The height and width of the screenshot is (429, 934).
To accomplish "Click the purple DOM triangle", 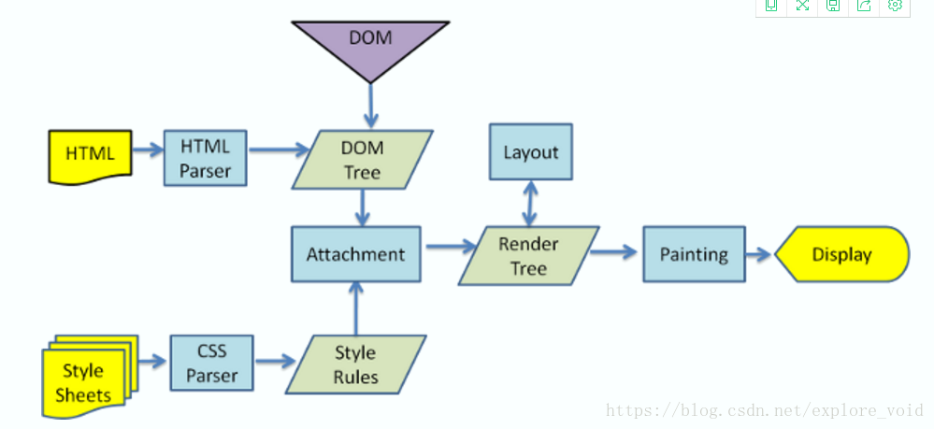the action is [x=370, y=45].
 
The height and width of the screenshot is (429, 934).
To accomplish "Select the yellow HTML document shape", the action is [x=90, y=157].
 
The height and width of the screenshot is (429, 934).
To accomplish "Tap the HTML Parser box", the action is [x=205, y=158].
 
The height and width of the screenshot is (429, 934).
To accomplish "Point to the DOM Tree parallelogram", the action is [x=362, y=160].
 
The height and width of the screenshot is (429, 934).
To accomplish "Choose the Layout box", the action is [x=531, y=152].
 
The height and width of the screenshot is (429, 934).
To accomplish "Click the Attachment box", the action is [x=356, y=254].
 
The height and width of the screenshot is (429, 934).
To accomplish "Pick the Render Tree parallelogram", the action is [x=528, y=255].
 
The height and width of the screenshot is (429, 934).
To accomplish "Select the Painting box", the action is [x=694, y=254].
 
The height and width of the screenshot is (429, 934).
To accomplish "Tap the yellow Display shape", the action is [x=842, y=254].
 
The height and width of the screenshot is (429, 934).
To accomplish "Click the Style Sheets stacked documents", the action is [x=90, y=377].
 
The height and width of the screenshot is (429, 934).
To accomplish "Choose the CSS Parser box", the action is [x=211, y=363].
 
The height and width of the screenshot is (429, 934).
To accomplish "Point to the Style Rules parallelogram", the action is [x=355, y=365].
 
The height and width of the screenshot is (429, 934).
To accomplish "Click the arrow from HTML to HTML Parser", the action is [x=148, y=150].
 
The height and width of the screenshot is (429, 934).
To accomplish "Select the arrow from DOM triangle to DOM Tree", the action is [x=370, y=106].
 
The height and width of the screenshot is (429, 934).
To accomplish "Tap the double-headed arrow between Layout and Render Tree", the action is [x=530, y=203].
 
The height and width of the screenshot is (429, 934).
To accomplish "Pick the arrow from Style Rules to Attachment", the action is [x=355, y=308].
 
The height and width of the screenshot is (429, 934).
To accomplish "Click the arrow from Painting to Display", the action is [x=760, y=254].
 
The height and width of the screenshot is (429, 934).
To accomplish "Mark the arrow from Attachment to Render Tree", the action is [x=451, y=246].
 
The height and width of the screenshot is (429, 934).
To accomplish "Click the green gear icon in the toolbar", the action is [x=895, y=6].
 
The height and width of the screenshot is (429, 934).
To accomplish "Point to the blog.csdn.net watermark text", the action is [x=764, y=410].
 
